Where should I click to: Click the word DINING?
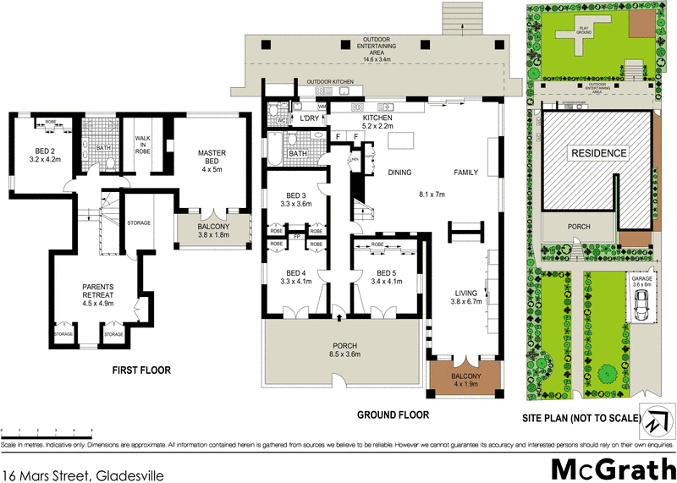click(399, 173)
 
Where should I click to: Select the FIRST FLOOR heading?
click(142, 370)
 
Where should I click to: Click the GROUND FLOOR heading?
click(392, 415)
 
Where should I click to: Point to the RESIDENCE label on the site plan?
click(598, 154)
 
